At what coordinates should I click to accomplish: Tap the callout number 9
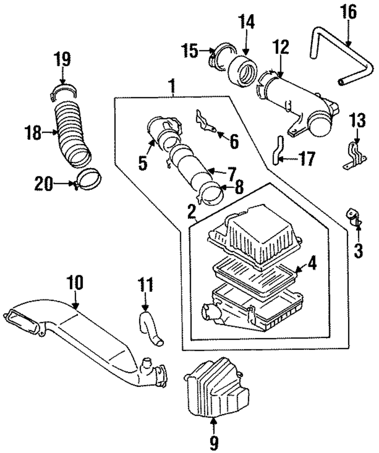tap(214, 442)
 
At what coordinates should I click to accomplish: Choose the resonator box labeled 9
tap(216, 387)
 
